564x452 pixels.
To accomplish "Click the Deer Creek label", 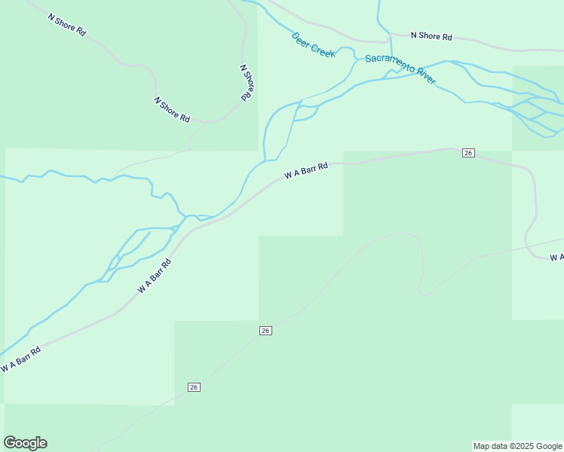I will click(314, 45).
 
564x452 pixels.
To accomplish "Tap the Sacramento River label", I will click(400, 69).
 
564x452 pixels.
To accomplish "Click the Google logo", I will click(25, 443).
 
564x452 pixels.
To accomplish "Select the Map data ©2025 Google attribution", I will click(518, 446).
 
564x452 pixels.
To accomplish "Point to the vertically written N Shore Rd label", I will click(246, 83).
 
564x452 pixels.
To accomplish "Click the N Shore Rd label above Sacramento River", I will click(431, 36).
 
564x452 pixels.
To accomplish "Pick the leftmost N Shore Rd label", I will click(66, 26).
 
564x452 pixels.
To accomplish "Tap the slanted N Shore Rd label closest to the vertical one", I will click(172, 110).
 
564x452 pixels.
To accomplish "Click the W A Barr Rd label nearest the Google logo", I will click(20, 359).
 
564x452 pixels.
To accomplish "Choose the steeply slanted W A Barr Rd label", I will click(155, 276).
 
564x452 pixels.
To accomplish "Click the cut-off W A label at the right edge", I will click(556, 258).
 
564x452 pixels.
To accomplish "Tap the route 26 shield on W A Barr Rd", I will click(468, 153).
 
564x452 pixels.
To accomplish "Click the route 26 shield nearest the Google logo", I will click(194, 387).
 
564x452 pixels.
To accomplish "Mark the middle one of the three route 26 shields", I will click(265, 331).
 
